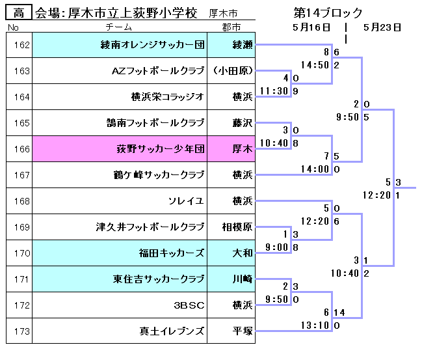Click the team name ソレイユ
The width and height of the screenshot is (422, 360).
pos(186,201)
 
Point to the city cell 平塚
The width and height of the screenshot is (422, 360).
pos(242,331)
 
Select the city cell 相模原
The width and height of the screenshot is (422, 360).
pos(237,227)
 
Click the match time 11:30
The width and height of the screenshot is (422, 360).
pos(274,91)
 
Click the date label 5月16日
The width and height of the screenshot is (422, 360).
pos(311,27)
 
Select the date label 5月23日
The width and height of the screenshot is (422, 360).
pos(382,27)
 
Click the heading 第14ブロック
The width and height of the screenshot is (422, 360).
pos(328,13)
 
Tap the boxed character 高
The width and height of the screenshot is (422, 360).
pos(19,13)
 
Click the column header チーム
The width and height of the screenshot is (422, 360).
pos(118,27)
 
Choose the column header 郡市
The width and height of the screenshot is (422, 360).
pos(231,27)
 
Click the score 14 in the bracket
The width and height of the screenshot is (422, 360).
pos(339,312)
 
